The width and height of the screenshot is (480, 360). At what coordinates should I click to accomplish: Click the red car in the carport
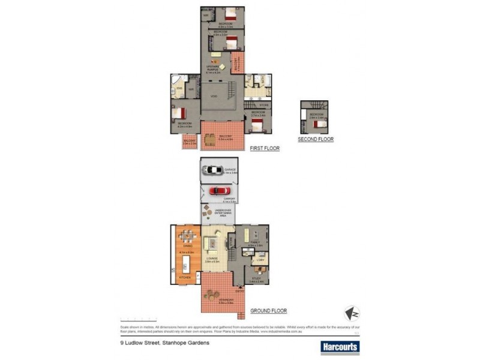(219, 191)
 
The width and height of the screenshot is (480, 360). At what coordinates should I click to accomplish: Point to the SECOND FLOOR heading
(316, 139)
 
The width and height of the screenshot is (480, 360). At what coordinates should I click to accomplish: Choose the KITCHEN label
(185, 278)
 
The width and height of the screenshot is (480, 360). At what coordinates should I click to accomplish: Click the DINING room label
(187, 246)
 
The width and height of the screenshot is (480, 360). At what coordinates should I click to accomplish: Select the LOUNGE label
(211, 259)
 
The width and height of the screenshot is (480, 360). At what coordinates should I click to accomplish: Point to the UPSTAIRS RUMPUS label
(214, 69)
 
